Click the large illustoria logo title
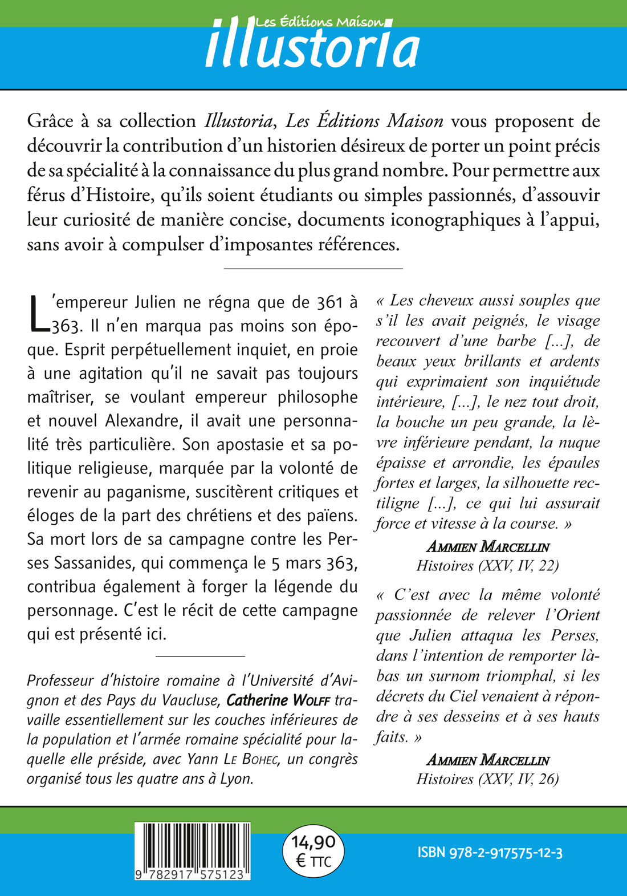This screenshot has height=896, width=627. pyautogui.click(x=312, y=49)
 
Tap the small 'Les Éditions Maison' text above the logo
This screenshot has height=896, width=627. pyautogui.click(x=319, y=22)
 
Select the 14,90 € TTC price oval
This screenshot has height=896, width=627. pyautogui.click(x=313, y=851)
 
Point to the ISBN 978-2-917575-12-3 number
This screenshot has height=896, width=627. pyautogui.click(x=490, y=853)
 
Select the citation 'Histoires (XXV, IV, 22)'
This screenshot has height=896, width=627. pyautogui.click(x=487, y=565)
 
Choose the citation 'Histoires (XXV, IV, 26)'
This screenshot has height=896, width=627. pyautogui.click(x=487, y=779)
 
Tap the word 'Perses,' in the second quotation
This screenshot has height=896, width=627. pyautogui.click(x=575, y=635)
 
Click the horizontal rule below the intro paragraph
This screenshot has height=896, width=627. pyautogui.click(x=313, y=268)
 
